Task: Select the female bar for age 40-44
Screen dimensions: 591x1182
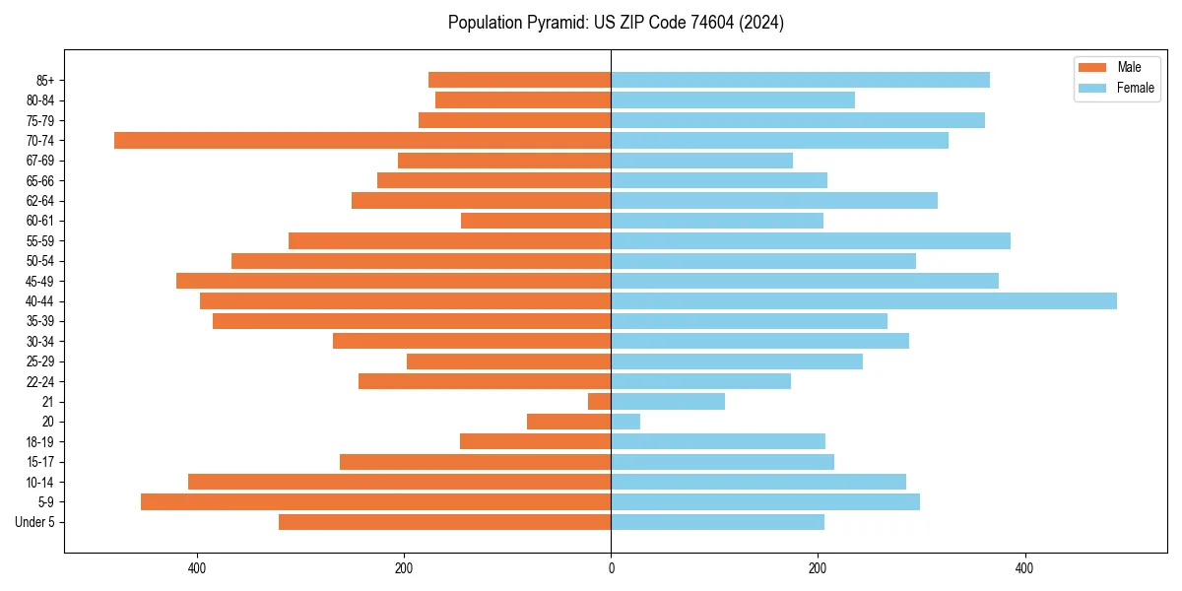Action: pyautogui.click(x=864, y=301)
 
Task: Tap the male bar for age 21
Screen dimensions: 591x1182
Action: pyautogui.click(x=600, y=402)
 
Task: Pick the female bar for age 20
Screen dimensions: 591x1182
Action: pyautogui.click(x=625, y=422)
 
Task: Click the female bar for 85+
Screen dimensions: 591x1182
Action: pyautogui.click(x=800, y=80)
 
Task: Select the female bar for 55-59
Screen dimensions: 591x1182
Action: pyautogui.click(x=811, y=241)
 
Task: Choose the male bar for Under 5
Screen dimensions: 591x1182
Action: pyautogui.click(x=444, y=522)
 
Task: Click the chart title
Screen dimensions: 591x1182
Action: pyautogui.click(x=616, y=23)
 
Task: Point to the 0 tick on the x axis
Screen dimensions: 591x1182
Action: pyautogui.click(x=611, y=568)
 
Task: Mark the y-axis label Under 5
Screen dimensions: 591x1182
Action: pyautogui.click(x=35, y=522)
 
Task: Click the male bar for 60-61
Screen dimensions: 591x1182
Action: pyautogui.click(x=536, y=221)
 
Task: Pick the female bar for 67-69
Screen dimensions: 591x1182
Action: pyautogui.click(x=701, y=161)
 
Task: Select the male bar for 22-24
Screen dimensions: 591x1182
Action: pyautogui.click(x=485, y=381)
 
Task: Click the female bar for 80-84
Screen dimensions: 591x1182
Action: pyautogui.click(x=733, y=100)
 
